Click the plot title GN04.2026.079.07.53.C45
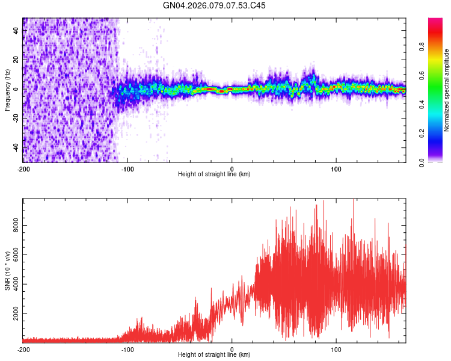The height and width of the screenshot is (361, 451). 214,5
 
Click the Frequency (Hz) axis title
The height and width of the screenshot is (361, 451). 7,90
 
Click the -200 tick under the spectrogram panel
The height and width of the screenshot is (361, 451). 23,168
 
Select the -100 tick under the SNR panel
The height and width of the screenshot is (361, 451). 127,349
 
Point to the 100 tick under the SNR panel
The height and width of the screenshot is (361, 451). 337,349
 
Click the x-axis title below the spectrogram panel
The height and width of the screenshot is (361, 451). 214,174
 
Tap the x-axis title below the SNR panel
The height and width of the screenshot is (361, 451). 214,355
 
